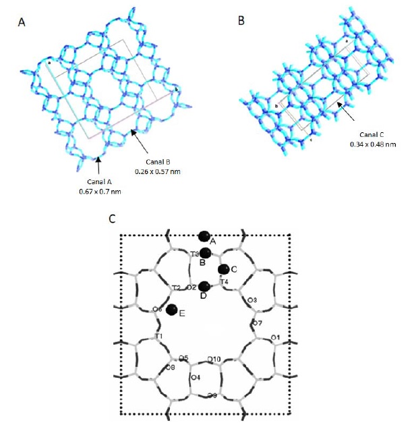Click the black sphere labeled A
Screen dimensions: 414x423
(204, 236)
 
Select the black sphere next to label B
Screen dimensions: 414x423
(206, 253)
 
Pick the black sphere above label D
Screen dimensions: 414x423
(204, 287)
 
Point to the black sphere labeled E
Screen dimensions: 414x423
(172, 310)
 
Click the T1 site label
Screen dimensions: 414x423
(158, 336)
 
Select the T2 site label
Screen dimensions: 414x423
(175, 288)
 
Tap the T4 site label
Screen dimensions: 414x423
(225, 281)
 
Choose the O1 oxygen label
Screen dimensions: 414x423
(275, 336)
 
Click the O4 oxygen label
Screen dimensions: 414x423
(196, 377)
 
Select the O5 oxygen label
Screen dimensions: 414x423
(181, 358)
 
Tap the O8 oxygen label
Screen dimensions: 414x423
(170, 368)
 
